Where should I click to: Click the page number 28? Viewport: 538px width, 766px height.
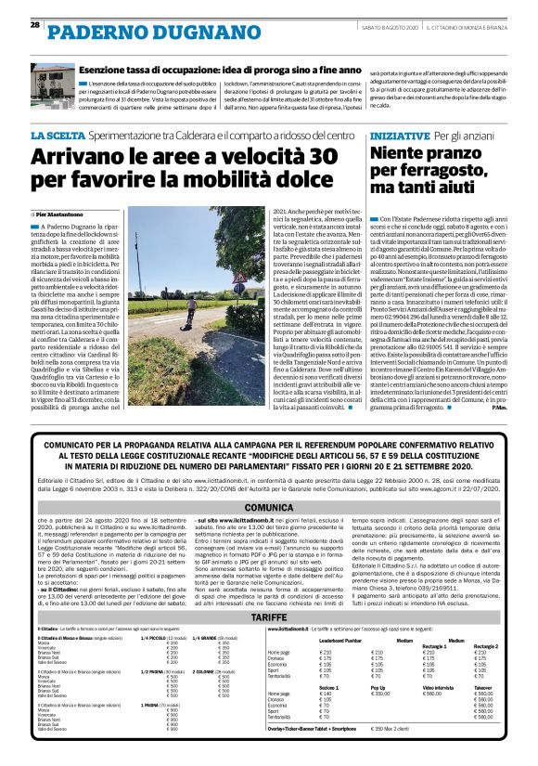pyautogui.click(x=34, y=24)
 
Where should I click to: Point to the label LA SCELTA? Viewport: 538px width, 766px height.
pyautogui.click(x=57, y=136)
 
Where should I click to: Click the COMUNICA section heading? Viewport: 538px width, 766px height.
pyautogui.click(x=270, y=508)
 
